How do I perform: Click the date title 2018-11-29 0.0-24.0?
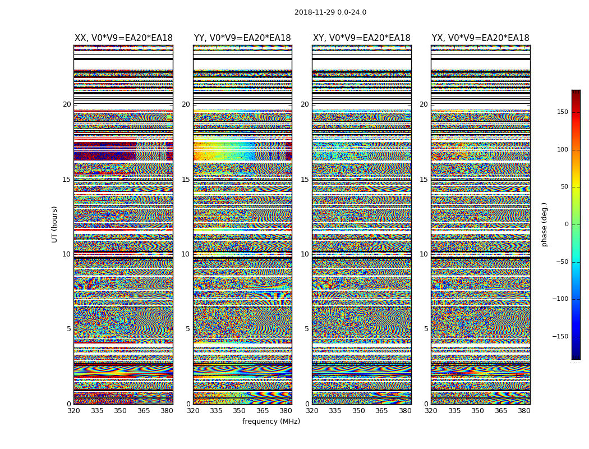coord(330,12)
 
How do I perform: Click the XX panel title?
coord(123,38)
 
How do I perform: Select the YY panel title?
coord(242,38)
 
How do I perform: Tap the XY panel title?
coord(361,38)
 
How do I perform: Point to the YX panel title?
coord(480,38)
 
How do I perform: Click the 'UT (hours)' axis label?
coord(54,224)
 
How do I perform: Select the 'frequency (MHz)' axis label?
coord(271,421)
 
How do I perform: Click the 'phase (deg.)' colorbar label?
coord(544,224)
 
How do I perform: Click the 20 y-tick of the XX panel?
coord(67,104)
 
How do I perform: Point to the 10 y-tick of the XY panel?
coord(305,254)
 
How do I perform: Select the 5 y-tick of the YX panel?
coord(426,329)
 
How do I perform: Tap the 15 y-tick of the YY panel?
coord(186,180)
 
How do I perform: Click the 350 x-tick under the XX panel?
coord(120,411)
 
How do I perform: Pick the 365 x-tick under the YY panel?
coord(263,411)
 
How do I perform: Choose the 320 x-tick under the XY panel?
coord(312,411)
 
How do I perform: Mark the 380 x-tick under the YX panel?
coord(524,411)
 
